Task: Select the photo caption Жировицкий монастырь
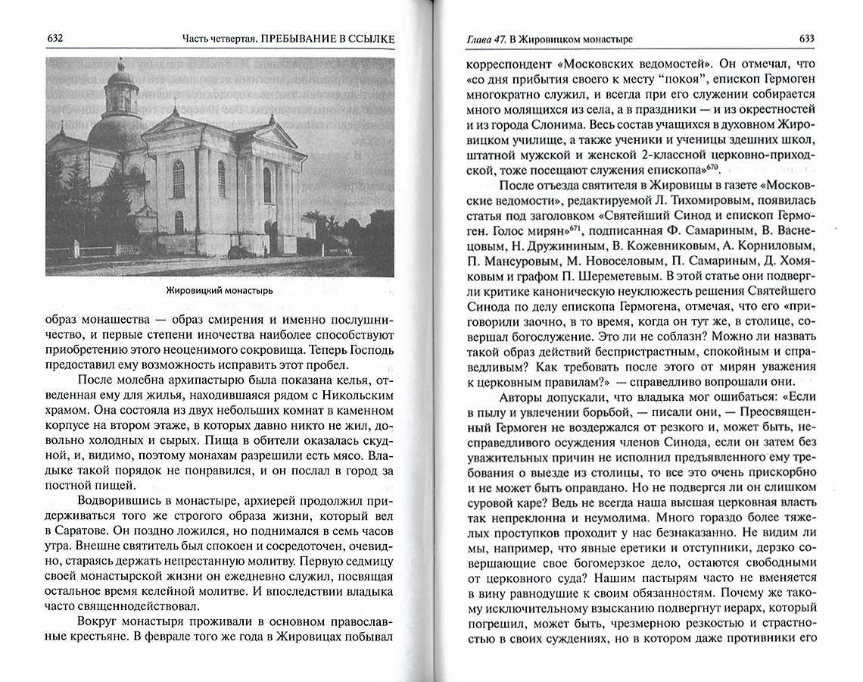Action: [x=218, y=291]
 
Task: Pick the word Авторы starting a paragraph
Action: [x=522, y=396]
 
